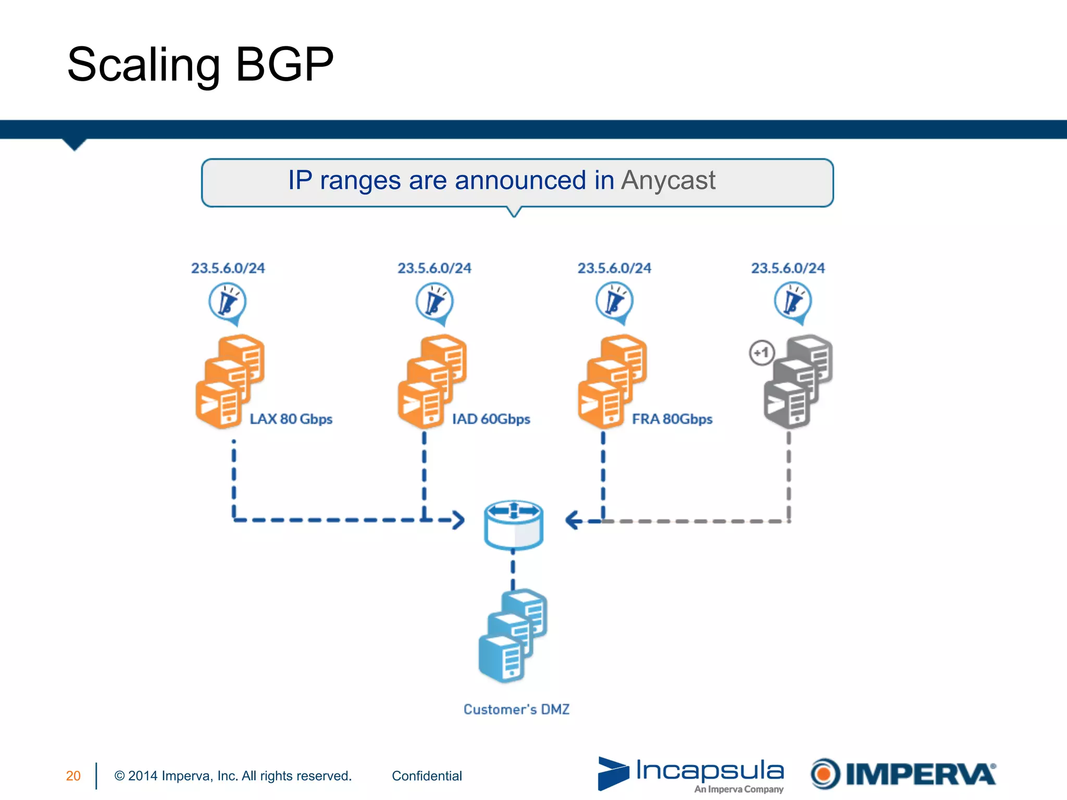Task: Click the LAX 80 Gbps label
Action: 291,419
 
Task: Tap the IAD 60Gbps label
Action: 491,419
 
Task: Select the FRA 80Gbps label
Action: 672,419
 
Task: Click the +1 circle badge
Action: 762,353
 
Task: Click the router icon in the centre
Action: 514,525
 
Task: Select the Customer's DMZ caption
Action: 516,709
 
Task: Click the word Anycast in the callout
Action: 668,181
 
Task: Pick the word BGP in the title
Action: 284,65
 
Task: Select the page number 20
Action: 73,776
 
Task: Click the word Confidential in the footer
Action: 427,776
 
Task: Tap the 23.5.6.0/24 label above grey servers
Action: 788,268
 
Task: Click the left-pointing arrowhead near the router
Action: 573,520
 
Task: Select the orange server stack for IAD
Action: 431,382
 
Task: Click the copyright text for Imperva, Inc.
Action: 233,776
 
